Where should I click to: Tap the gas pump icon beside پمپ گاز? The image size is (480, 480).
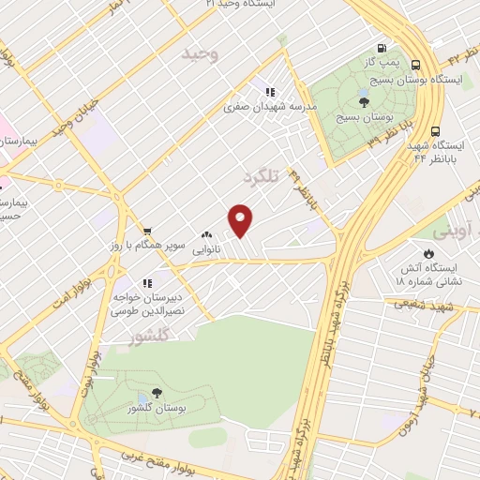(381, 49)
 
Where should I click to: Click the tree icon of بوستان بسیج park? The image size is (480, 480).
(365, 102)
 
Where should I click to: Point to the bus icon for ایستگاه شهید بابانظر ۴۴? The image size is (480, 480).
(435, 132)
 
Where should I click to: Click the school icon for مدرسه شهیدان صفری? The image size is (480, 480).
(270, 92)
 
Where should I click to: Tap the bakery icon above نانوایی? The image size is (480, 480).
(206, 236)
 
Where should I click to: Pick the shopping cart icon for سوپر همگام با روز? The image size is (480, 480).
(147, 231)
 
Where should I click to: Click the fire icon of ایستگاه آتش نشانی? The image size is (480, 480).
(429, 253)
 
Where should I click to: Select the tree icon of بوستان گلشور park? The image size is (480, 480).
(156, 394)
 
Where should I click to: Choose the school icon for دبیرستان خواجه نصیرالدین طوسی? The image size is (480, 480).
(146, 282)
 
